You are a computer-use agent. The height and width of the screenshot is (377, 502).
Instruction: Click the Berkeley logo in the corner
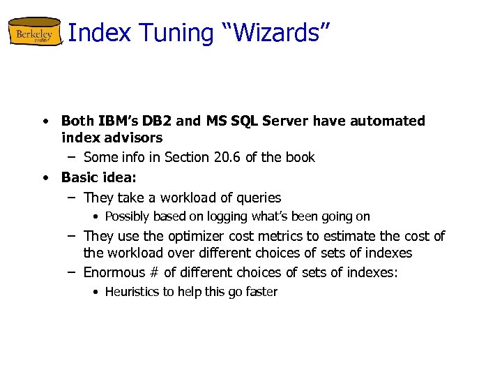pos(35,33)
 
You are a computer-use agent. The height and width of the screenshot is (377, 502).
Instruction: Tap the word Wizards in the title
pos(278,33)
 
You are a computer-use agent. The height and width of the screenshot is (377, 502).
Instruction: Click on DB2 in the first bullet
pos(160,121)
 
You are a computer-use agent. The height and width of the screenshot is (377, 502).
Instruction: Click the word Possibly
pos(128,216)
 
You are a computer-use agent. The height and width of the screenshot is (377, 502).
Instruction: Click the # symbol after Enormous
pos(155,272)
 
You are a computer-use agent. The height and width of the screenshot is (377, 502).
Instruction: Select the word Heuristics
pos(132,292)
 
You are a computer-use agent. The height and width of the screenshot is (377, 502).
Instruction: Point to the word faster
pos(261,292)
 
